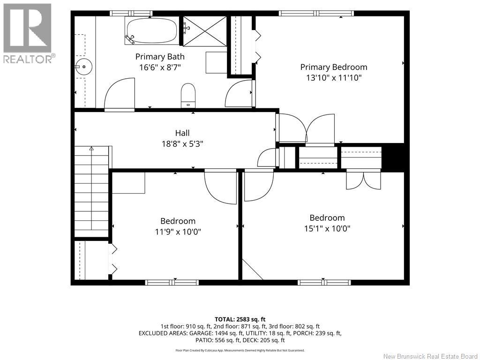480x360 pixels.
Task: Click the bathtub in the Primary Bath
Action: (151, 30)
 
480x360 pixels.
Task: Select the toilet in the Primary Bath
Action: (188, 95)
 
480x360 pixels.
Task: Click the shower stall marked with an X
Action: (204, 31)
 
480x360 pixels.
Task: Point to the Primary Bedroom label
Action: (334, 67)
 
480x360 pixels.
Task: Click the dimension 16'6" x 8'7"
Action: (160, 67)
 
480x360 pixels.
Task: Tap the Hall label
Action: (182, 133)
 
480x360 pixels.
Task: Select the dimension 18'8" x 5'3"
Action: (182, 143)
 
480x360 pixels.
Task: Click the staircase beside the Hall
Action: (91, 191)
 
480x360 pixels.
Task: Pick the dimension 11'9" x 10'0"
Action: (178, 232)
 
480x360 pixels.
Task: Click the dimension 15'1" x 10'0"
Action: (327, 228)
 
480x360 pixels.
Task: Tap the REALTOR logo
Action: (28, 33)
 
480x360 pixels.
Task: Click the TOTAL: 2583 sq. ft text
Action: (240, 320)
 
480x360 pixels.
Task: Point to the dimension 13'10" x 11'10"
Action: (334, 78)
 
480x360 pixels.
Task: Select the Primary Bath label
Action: (160, 57)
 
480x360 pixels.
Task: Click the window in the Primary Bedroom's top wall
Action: (316, 13)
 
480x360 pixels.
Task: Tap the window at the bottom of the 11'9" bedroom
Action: (172, 282)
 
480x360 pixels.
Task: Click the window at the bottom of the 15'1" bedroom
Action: (324, 282)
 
